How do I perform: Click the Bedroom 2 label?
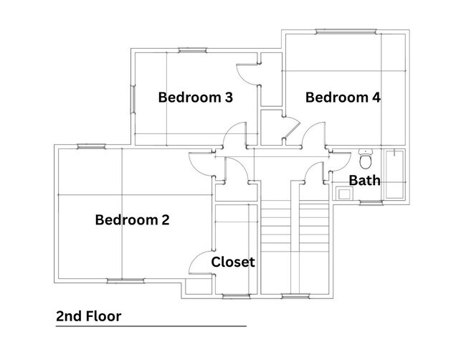(x=132, y=220)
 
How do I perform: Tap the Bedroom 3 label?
(x=195, y=98)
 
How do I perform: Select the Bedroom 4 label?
(x=343, y=98)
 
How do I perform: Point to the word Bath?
(x=364, y=180)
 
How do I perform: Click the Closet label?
(x=233, y=262)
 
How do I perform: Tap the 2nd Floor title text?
(x=89, y=316)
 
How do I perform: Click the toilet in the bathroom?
(x=366, y=158)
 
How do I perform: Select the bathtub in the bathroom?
(x=394, y=174)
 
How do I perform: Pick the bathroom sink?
(x=344, y=194)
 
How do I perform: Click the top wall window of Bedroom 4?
(x=346, y=32)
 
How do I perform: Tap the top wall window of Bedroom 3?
(x=192, y=50)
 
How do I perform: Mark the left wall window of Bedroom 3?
(x=133, y=99)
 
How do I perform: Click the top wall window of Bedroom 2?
(x=91, y=146)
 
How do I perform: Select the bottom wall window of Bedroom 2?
(x=125, y=280)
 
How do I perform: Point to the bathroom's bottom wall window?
(x=371, y=203)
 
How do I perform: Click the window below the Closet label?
(x=237, y=296)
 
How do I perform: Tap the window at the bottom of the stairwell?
(x=295, y=296)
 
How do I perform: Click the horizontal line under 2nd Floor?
(x=151, y=326)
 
